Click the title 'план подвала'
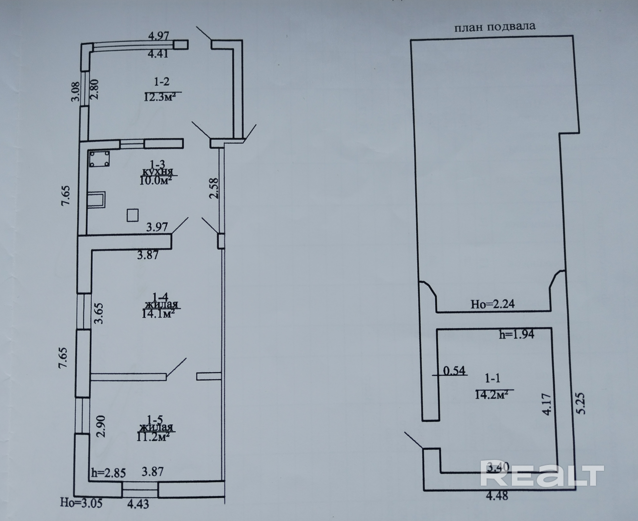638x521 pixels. click(495, 27)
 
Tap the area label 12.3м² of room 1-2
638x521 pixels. click(159, 97)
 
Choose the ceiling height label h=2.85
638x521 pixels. click(108, 473)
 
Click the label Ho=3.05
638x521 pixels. click(81, 503)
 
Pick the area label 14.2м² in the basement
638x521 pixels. click(491, 395)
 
